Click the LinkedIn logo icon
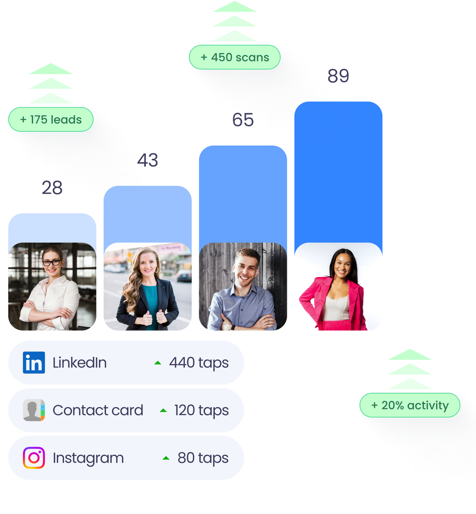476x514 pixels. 34,363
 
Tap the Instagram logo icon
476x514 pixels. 34,458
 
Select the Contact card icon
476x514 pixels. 34,410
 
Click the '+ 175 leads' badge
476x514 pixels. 51,120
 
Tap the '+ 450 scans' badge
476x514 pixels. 235,57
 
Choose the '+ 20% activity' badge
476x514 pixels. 410,405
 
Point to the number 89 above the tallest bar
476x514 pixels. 338,75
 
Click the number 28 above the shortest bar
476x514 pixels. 52,187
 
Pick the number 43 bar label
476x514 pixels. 148,160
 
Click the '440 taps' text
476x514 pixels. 199,363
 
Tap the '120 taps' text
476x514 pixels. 202,410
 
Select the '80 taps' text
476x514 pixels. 203,458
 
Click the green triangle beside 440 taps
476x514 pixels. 158,363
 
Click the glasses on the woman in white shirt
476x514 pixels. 52,262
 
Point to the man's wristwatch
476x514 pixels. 233,328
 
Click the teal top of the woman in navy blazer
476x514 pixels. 150,302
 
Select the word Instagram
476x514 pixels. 88,458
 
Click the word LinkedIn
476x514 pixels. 80,363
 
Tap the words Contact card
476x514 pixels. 98,410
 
